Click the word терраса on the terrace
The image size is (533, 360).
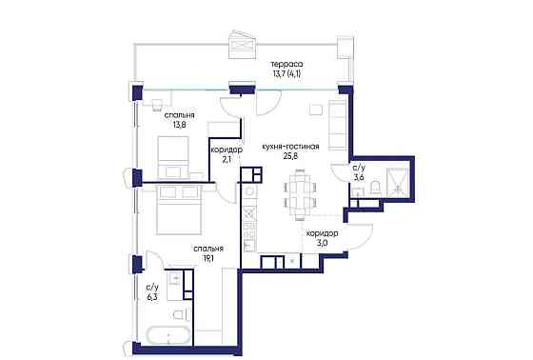[x=286, y=64]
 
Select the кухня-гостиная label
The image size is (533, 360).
[x=290, y=147]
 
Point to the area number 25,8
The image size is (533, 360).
[x=290, y=156]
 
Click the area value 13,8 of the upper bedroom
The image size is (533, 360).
[x=180, y=125]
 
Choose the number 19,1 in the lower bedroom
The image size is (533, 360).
[x=208, y=258]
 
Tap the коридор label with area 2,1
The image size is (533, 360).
[x=227, y=150]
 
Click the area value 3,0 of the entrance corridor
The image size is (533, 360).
[x=322, y=243]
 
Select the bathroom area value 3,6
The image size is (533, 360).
[x=360, y=177]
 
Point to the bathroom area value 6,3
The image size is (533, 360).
[x=152, y=297]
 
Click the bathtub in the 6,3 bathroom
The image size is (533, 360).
[x=167, y=335]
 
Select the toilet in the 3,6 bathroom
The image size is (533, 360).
[x=375, y=189]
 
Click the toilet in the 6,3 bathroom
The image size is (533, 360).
[x=180, y=314]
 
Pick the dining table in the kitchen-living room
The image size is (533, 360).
[x=301, y=194]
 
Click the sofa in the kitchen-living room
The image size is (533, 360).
[x=338, y=125]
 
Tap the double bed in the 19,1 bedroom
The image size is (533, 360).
[x=179, y=209]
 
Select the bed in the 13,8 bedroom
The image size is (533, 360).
[x=173, y=157]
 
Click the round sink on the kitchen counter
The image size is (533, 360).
[x=250, y=191]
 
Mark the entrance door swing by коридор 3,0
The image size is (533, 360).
[x=361, y=236]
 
